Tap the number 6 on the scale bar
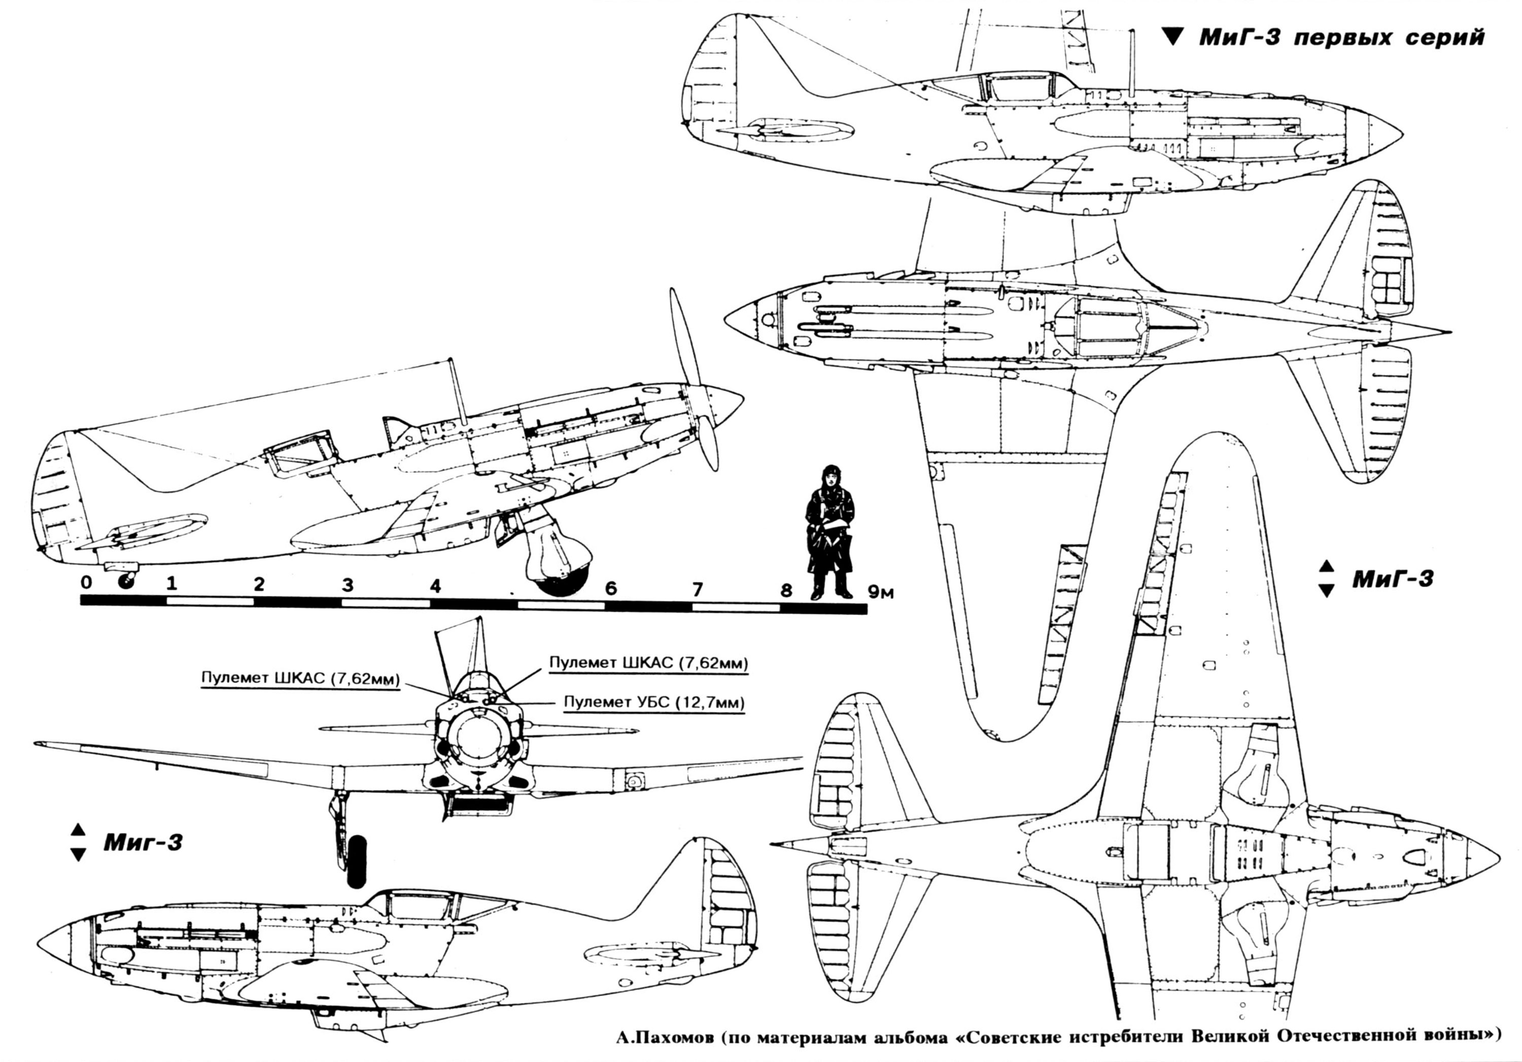pyautogui.click(x=610, y=588)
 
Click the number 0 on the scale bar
pyautogui.click(x=86, y=583)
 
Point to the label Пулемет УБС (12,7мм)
pyautogui.click(x=653, y=703)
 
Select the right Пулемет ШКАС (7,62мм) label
pyautogui.click(x=648, y=663)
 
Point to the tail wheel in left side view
pyautogui.click(x=125, y=581)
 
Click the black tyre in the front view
pyautogui.click(x=357, y=861)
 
